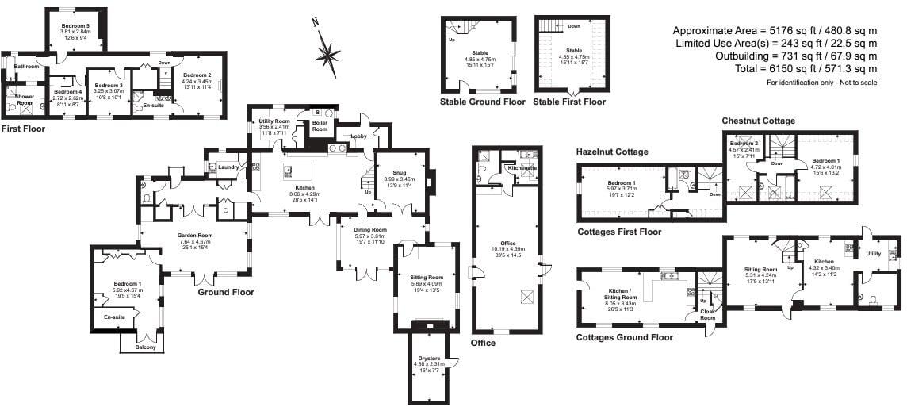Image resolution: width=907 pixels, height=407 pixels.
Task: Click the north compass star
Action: coord(326,53)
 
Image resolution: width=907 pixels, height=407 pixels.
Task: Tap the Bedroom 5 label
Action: coord(76,26)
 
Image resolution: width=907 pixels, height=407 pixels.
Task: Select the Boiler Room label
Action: coord(320,125)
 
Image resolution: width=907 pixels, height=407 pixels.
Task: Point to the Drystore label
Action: coord(428,359)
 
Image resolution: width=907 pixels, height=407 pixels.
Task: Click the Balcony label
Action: coord(145,347)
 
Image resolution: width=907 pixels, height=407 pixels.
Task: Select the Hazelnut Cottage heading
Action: coord(612,152)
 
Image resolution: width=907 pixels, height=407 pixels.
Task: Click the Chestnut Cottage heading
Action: coord(758,121)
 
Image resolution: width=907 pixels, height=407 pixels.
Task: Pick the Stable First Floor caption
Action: coord(569,102)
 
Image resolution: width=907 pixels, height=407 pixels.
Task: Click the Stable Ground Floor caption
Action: coord(483,102)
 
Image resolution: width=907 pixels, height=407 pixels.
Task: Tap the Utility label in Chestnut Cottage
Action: coord(873,254)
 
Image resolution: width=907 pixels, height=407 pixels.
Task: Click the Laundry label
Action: coord(229,167)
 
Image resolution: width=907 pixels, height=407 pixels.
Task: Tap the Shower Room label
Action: coord(19,101)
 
